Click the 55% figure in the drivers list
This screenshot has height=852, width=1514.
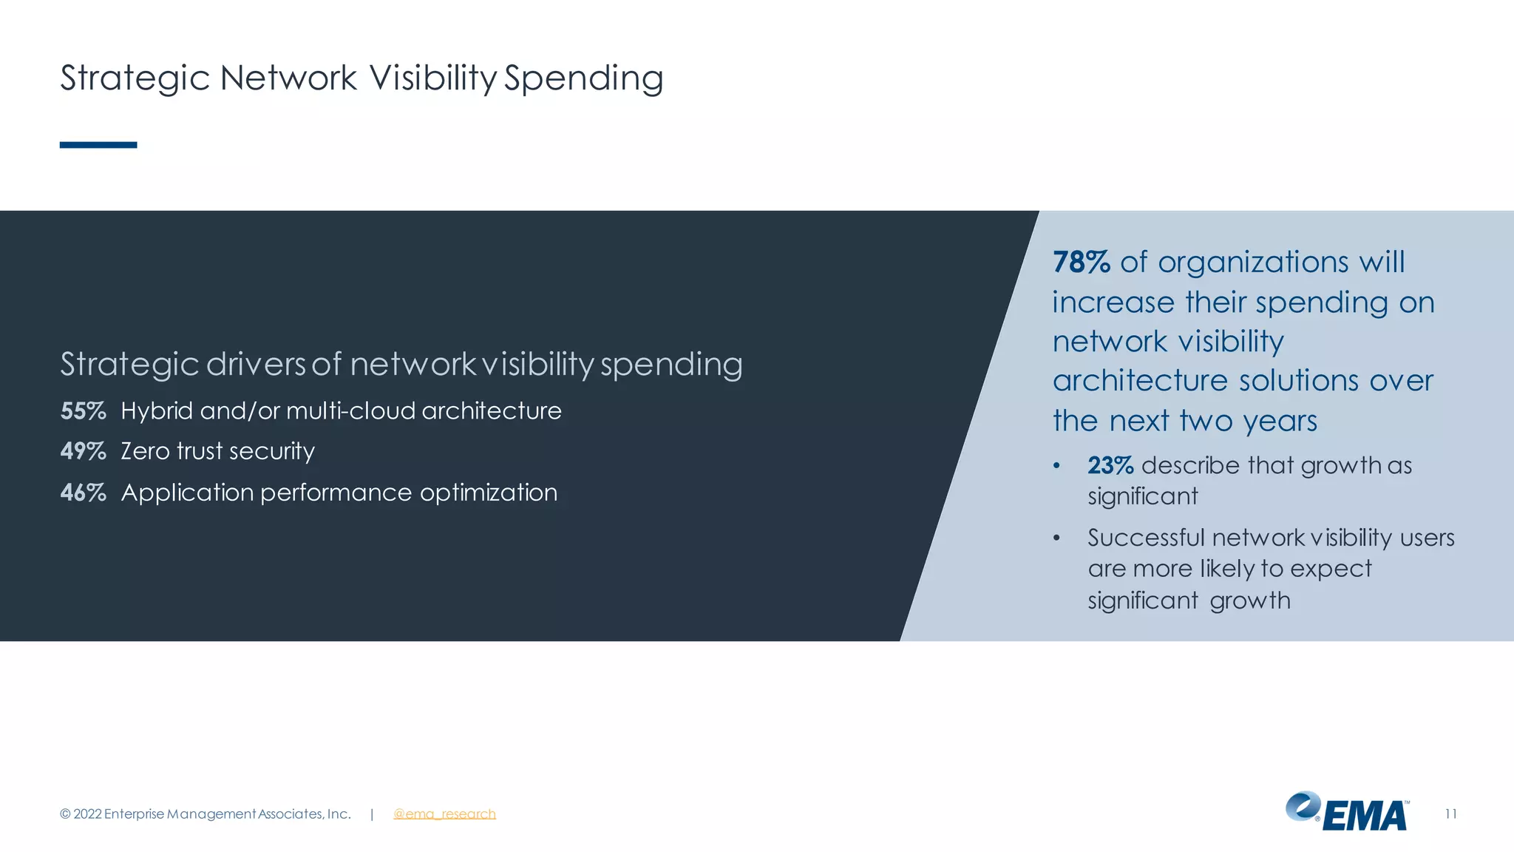coord(83,411)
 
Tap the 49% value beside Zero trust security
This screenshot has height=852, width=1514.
coord(83,451)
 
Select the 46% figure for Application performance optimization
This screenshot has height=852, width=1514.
coord(83,493)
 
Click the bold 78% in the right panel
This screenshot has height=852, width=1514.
coord(1081,263)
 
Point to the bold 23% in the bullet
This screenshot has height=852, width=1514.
coord(1110,466)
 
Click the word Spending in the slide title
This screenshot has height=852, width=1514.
coord(583,78)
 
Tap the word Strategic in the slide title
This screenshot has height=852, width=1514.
coord(135,78)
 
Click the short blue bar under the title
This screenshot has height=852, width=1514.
coord(98,145)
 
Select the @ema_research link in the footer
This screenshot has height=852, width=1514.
coord(444,814)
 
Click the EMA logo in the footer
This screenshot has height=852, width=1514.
coord(1347,812)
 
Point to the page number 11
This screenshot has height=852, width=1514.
coord(1450,814)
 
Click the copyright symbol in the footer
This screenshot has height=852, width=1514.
coord(65,814)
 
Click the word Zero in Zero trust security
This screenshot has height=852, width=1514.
coord(145,451)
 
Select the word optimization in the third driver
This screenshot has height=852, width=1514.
coord(488,493)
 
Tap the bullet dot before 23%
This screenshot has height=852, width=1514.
coord(1056,466)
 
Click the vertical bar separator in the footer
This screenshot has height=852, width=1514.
coord(372,814)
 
